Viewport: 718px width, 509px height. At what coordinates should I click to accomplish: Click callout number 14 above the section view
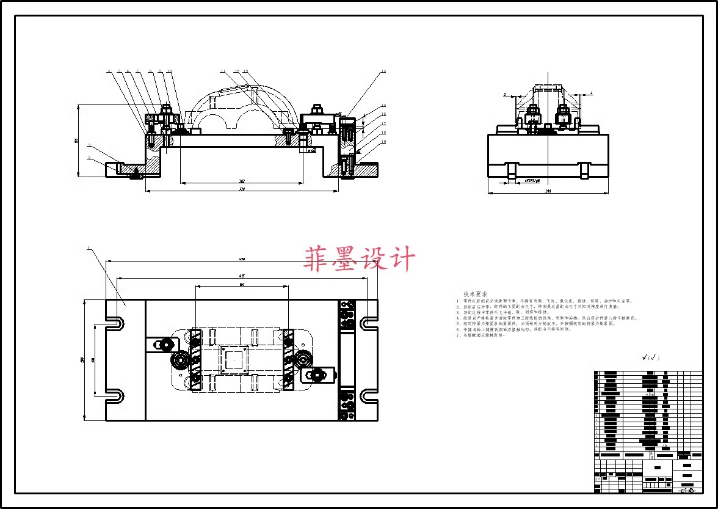(383, 72)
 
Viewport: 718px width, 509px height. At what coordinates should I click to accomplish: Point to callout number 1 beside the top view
(89, 249)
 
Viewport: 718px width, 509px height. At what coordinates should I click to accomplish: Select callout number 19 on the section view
(383, 142)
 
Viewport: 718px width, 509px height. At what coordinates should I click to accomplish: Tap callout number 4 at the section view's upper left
(109, 71)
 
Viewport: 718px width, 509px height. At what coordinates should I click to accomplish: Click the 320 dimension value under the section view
(242, 189)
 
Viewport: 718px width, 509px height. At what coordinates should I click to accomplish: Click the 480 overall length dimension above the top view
(242, 260)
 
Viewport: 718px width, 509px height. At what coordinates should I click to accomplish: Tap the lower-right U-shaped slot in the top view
(369, 395)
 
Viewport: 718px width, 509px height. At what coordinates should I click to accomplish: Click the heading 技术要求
(476, 294)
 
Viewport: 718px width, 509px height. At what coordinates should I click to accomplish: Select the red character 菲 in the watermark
(318, 259)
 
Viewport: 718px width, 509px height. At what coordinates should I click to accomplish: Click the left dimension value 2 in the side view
(504, 94)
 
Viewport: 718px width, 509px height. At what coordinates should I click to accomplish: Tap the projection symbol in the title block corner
(687, 490)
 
